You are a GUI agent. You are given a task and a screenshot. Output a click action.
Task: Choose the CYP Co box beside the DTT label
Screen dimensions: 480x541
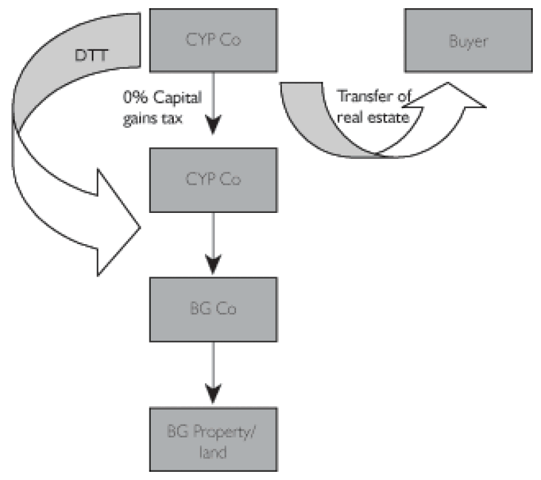[213, 40]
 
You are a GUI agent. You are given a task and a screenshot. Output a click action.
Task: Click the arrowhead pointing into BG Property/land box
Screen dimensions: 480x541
[213, 393]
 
